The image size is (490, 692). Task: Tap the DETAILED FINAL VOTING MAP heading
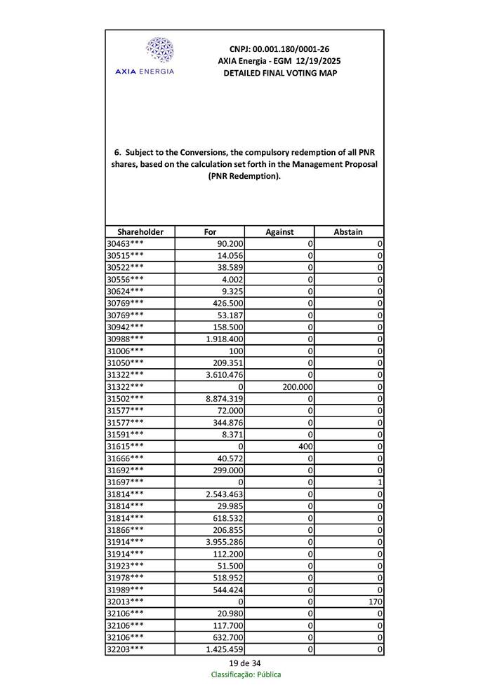(279, 73)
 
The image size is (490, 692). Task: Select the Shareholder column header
(140, 232)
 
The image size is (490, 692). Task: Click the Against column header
(279, 232)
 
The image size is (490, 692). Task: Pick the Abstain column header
(348, 232)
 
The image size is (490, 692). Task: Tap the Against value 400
(304, 446)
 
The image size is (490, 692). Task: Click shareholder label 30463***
(126, 243)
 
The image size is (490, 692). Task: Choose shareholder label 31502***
(126, 398)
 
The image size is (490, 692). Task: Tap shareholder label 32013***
(126, 602)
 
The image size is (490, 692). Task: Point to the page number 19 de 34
(244, 663)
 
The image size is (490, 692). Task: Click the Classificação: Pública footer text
(246, 674)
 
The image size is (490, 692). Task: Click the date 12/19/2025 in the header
(316, 61)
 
